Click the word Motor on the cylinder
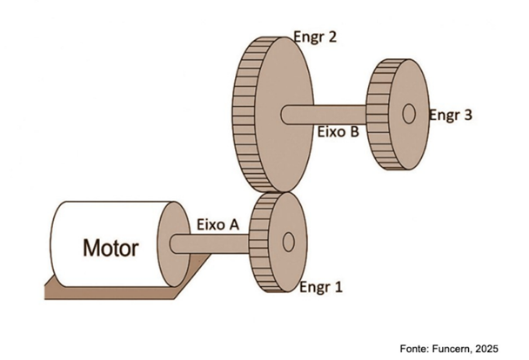coord(110,249)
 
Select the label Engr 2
coord(315,38)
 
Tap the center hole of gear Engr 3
coord(408,113)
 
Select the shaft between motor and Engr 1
coord(213,242)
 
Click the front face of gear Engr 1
coord(285,261)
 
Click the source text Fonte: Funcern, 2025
coord(448,347)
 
